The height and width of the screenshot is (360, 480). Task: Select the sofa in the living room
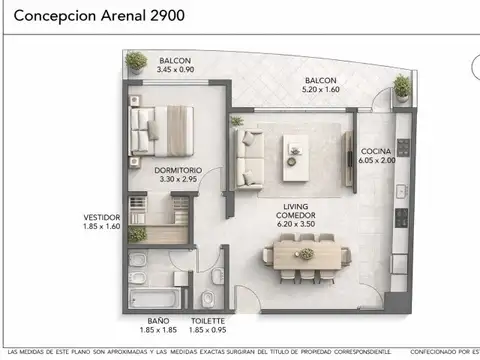243,156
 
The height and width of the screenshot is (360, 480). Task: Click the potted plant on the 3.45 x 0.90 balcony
136,62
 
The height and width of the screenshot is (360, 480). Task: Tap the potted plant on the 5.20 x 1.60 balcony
401,87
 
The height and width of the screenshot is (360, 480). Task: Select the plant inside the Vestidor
138,234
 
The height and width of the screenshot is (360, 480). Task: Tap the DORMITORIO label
178,171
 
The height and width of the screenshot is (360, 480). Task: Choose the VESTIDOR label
101,217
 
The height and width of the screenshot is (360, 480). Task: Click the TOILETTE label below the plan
206,320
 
